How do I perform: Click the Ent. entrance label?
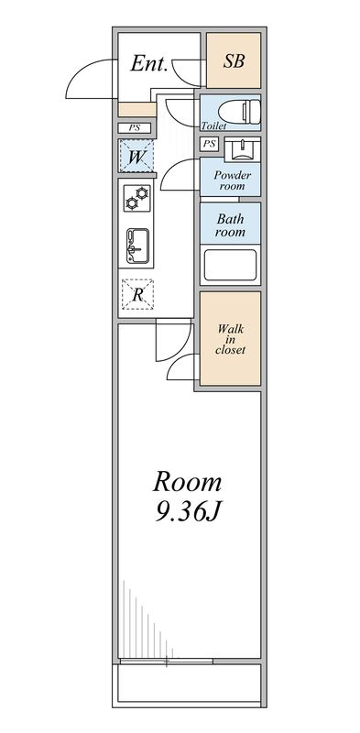[148, 63]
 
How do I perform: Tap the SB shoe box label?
[233, 61]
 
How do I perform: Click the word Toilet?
[213, 126]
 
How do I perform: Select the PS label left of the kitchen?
[134, 127]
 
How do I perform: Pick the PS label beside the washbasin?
[210, 144]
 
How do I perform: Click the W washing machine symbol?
[135, 157]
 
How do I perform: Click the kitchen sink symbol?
[136, 242]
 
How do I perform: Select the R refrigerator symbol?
[136, 293]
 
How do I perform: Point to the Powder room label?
[232, 178]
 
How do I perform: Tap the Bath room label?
[231, 224]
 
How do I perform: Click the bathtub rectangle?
[231, 267]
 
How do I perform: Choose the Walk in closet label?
[231, 338]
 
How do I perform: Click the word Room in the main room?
[187, 482]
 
